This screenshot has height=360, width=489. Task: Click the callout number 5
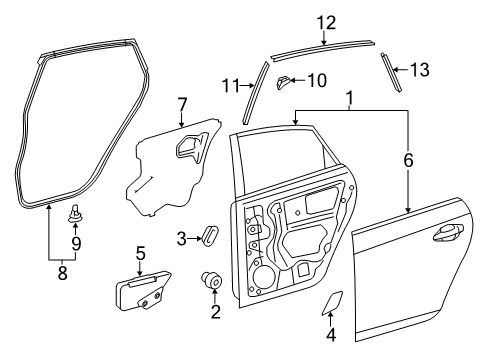coord(141,253)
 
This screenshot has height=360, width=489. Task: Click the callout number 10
coord(316,80)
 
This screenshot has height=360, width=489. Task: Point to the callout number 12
coord(322,22)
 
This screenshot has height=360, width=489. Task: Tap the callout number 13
coord(419,69)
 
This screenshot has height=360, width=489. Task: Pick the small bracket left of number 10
coord(284,80)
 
